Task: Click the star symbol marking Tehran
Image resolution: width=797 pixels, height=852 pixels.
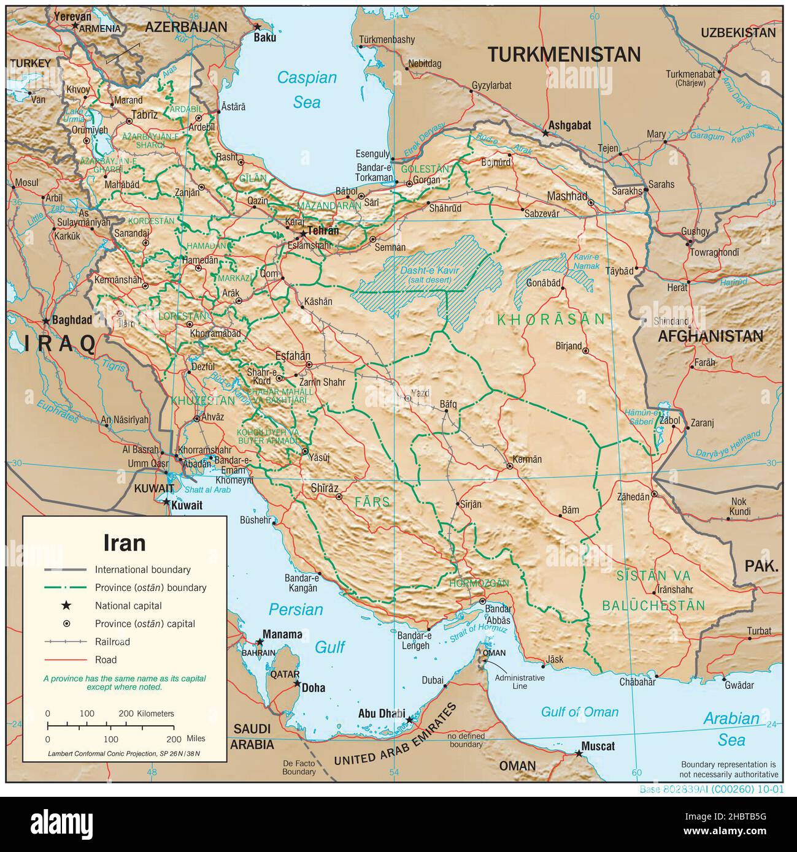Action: click(302, 234)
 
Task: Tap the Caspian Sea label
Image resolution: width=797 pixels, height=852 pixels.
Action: click(307, 89)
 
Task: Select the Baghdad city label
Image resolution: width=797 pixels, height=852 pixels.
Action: click(72, 320)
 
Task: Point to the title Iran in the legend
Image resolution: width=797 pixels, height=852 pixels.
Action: click(124, 543)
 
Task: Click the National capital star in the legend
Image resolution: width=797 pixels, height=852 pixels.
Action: click(66, 606)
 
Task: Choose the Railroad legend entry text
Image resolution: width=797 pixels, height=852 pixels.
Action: click(112, 642)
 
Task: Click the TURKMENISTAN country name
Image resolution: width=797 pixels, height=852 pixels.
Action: click(563, 55)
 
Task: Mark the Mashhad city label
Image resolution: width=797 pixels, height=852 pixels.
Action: click(567, 196)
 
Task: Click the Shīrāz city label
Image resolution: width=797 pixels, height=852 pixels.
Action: click(325, 488)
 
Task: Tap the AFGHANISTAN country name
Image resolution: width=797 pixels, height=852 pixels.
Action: click(710, 336)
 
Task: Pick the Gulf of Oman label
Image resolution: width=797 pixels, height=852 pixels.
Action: click(579, 712)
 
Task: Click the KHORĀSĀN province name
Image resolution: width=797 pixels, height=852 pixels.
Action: click(551, 319)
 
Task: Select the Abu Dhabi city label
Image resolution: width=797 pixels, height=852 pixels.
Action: click(381, 713)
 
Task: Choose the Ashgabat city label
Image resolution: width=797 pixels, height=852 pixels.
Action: click(570, 125)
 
